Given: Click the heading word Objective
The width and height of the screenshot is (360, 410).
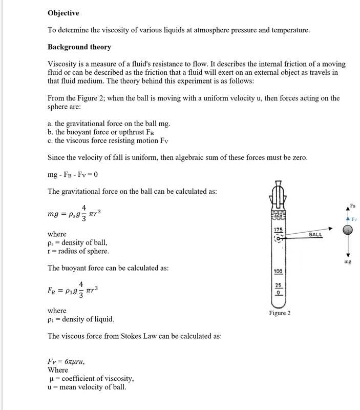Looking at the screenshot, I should tap(63, 12).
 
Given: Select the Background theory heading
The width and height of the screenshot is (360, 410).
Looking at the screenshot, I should tap(79, 47).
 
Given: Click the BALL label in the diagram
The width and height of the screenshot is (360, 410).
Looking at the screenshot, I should tap(316, 234).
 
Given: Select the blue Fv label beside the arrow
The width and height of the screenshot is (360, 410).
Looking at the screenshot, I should tap(353, 219).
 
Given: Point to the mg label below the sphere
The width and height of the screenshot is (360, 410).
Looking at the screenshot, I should tap(348, 261).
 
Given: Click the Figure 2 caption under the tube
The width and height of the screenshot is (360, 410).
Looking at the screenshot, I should tap(280, 313).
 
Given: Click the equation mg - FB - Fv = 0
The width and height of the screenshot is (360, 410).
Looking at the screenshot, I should tap(72, 174).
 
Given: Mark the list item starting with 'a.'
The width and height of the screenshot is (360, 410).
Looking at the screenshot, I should tap(109, 124).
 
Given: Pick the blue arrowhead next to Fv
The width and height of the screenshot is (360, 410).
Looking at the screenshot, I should tap(348, 219).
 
